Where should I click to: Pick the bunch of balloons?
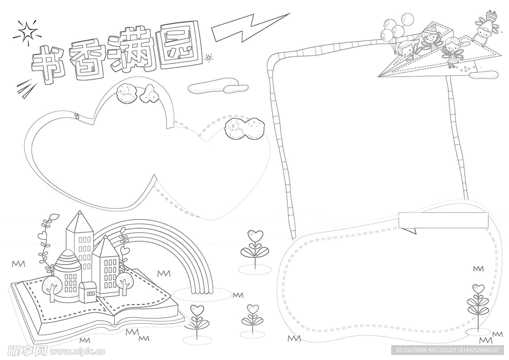[x=394, y=27]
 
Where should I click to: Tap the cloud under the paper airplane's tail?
[x=483, y=75]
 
